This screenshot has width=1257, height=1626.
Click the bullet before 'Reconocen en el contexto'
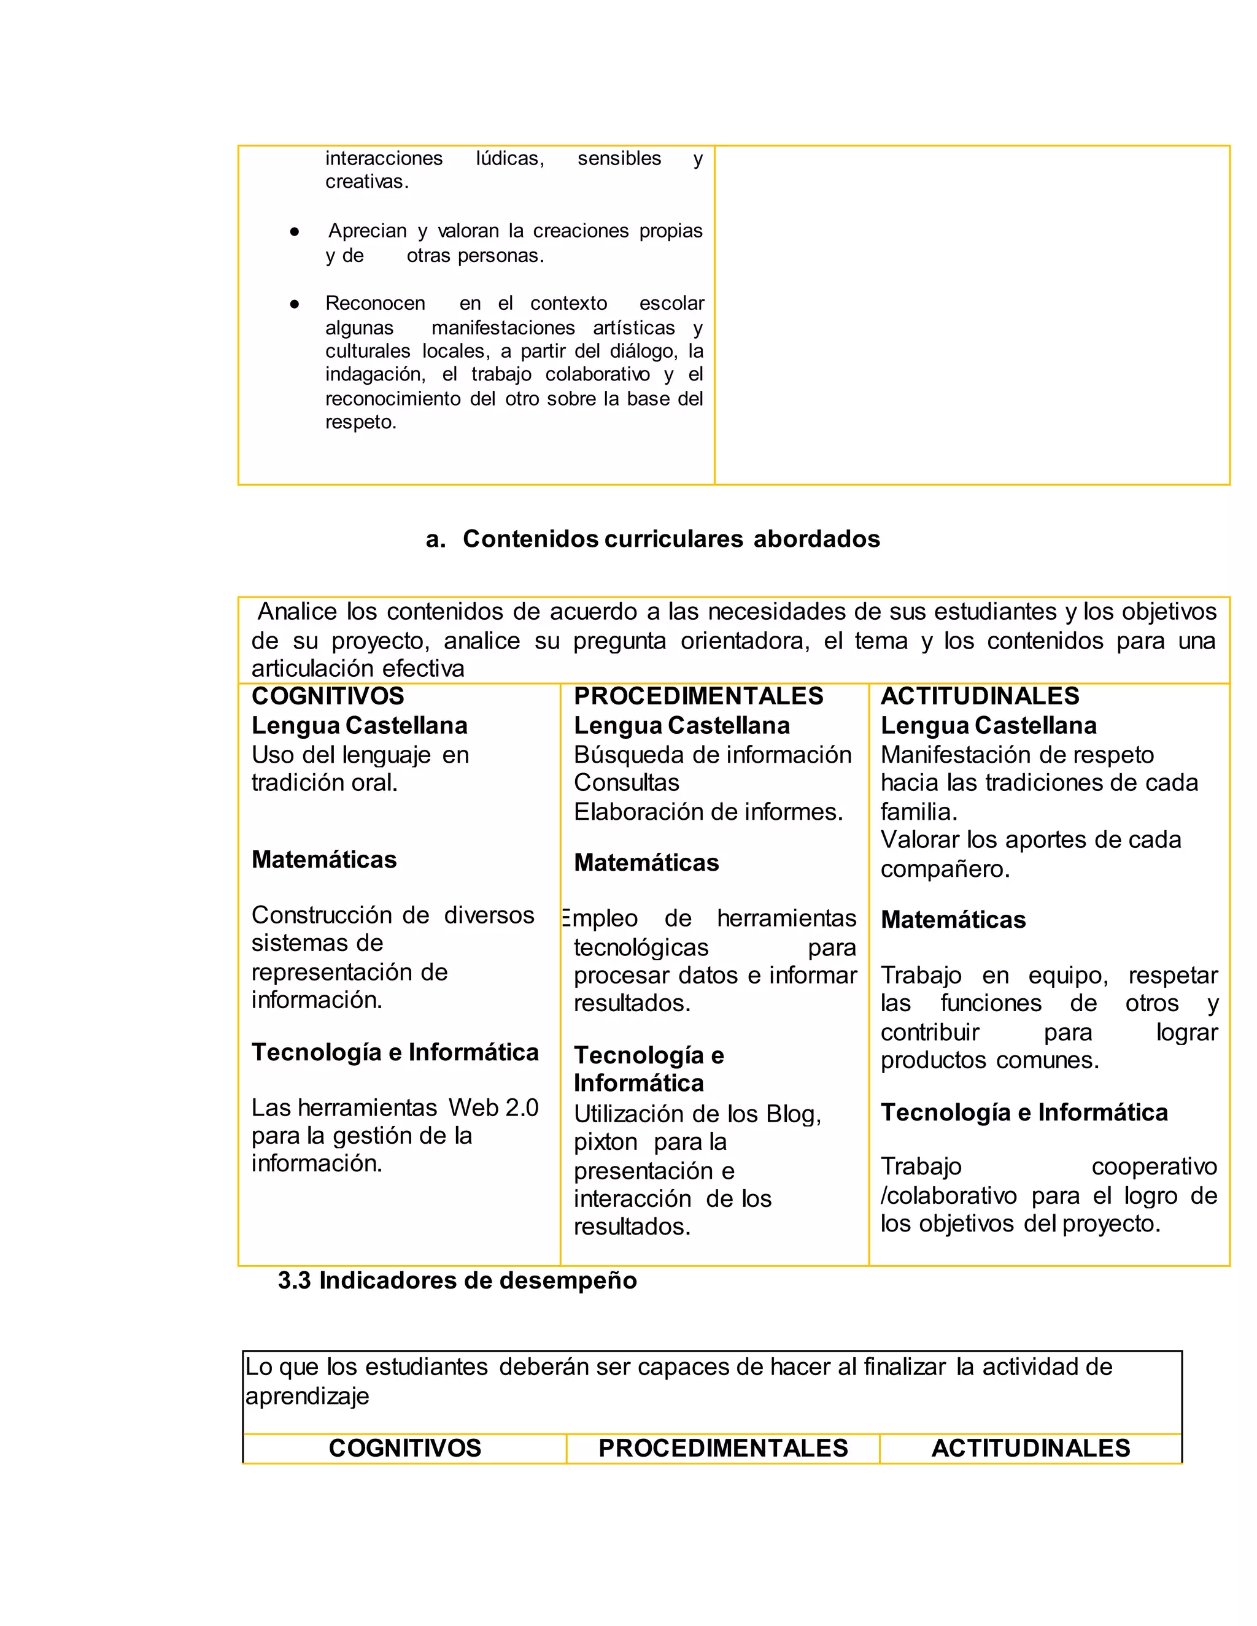click(294, 304)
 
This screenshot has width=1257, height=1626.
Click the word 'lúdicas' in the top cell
click(509, 158)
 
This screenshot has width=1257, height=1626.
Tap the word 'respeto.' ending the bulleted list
click(360, 422)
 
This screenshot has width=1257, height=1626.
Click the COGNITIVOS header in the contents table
click(328, 696)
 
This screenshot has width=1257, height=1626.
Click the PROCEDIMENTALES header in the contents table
click(698, 696)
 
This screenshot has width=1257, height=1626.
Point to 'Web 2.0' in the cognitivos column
click(493, 1108)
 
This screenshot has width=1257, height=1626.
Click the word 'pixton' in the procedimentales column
click(605, 1142)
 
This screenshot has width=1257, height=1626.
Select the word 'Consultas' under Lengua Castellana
click(625, 782)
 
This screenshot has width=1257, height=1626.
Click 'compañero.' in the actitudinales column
click(944, 869)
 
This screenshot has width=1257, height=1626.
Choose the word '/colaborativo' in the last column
click(948, 1196)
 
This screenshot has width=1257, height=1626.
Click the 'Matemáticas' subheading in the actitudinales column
click(953, 920)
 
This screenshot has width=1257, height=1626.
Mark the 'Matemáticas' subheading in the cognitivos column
click(323, 860)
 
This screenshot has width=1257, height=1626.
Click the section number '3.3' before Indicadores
click(294, 1281)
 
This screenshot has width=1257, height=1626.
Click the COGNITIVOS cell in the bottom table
click(404, 1448)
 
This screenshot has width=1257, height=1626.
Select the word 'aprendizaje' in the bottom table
click(307, 1396)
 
